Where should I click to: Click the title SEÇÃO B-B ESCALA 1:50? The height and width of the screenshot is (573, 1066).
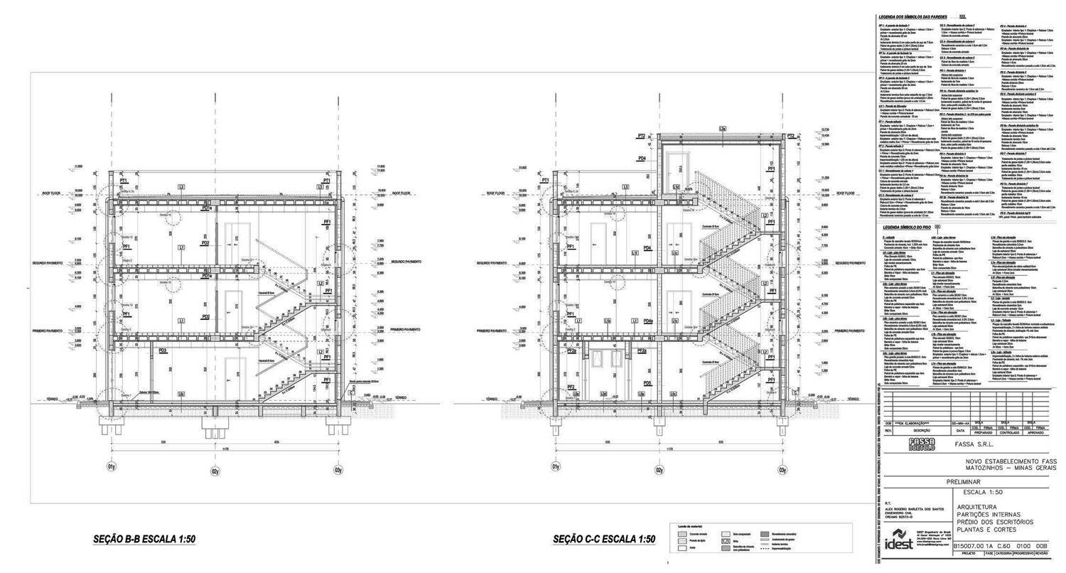(144, 540)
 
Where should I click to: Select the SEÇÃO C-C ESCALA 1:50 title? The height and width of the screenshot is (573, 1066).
(604, 540)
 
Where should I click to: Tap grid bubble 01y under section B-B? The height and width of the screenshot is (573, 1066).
(112, 467)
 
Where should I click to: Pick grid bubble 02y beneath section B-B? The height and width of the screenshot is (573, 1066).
(215, 470)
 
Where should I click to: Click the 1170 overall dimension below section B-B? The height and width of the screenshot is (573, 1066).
(225, 449)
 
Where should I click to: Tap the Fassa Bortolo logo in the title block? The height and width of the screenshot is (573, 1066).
(922, 444)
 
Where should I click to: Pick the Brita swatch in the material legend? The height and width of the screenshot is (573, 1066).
(726, 540)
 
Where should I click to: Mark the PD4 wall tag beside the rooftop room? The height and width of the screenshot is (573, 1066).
(642, 159)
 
